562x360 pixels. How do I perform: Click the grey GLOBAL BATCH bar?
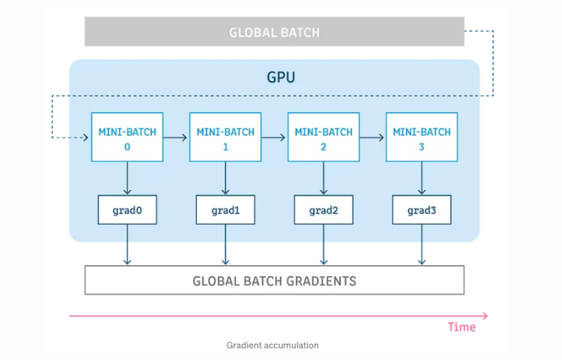coord(275,32)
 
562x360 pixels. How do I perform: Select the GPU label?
coord(281,77)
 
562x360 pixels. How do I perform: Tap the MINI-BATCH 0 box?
coord(127,137)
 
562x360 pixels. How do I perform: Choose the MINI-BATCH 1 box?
coord(225,137)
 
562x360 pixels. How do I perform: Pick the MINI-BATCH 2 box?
coord(323,137)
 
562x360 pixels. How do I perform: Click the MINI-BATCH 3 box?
coord(422,137)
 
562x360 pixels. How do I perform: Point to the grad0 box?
coord(127,210)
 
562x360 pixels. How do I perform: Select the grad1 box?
coord(225,210)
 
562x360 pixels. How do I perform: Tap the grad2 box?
coord(323,210)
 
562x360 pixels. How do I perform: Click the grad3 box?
coord(422,210)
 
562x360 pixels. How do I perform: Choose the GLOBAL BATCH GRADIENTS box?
coord(275,280)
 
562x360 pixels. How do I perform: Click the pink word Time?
coord(462,327)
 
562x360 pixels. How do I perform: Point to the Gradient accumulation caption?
coord(273,345)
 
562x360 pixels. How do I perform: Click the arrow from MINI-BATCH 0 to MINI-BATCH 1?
coord(175,137)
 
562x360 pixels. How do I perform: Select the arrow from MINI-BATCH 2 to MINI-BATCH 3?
coord(372,137)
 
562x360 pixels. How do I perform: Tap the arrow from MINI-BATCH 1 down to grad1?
coord(225,178)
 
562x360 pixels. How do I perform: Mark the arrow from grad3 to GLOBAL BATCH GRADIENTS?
coord(422,244)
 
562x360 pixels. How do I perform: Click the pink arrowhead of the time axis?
coord(485,316)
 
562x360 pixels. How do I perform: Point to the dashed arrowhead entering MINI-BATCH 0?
coord(86,137)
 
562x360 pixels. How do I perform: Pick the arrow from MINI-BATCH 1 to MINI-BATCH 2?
coord(273,137)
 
